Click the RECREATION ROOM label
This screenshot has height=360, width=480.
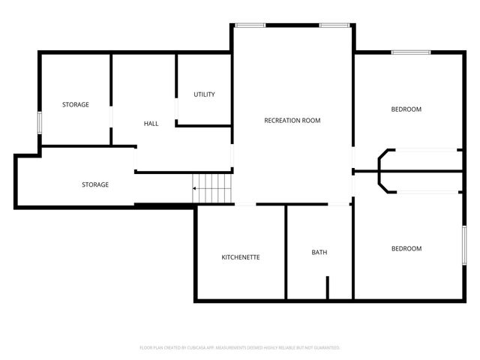(x=292, y=120)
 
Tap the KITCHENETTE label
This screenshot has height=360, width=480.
(x=241, y=257)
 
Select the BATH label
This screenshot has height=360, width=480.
(x=319, y=252)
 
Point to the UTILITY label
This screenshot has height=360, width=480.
(x=204, y=94)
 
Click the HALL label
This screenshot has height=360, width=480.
(x=151, y=123)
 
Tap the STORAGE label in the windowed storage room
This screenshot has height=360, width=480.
(x=75, y=104)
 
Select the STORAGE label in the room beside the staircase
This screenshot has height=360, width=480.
(x=95, y=184)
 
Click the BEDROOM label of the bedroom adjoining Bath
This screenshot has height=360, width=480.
(x=406, y=248)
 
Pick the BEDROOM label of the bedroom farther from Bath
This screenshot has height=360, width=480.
(x=406, y=109)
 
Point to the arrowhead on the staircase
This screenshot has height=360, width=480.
(x=195, y=189)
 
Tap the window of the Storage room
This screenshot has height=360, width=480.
(x=40, y=122)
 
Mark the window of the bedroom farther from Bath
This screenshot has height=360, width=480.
(x=411, y=52)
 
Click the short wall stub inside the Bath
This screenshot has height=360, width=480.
(x=328, y=287)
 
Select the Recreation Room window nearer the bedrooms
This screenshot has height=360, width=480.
(x=331, y=25)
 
